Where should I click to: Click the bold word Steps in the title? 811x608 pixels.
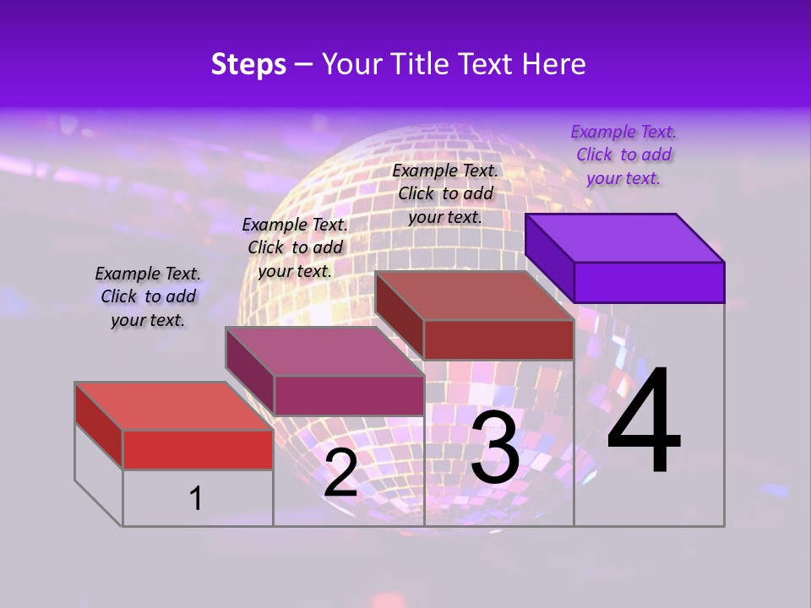pyautogui.click(x=248, y=64)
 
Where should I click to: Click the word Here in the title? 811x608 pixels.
pyautogui.click(x=552, y=64)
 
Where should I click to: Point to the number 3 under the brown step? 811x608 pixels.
pyautogui.click(x=495, y=448)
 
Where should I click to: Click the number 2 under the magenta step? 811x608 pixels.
pyautogui.click(x=340, y=473)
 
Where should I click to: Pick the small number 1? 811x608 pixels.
pyautogui.click(x=196, y=498)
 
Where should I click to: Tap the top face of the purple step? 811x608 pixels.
pyautogui.click(x=625, y=237)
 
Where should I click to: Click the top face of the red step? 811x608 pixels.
pyautogui.click(x=173, y=405)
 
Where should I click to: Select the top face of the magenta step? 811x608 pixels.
pyautogui.click(x=324, y=351)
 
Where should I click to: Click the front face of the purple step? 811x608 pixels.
pyautogui.click(x=649, y=282)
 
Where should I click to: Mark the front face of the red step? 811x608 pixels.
pyautogui.click(x=198, y=449)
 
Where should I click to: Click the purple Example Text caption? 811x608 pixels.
pyautogui.click(x=623, y=155)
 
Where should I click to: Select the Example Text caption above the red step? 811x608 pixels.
pyautogui.click(x=148, y=296)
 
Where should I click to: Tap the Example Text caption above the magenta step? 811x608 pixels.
pyautogui.click(x=295, y=247)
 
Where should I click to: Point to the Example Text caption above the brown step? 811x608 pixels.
pyautogui.click(x=445, y=193)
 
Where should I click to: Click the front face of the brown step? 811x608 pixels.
pyautogui.click(x=498, y=339)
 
